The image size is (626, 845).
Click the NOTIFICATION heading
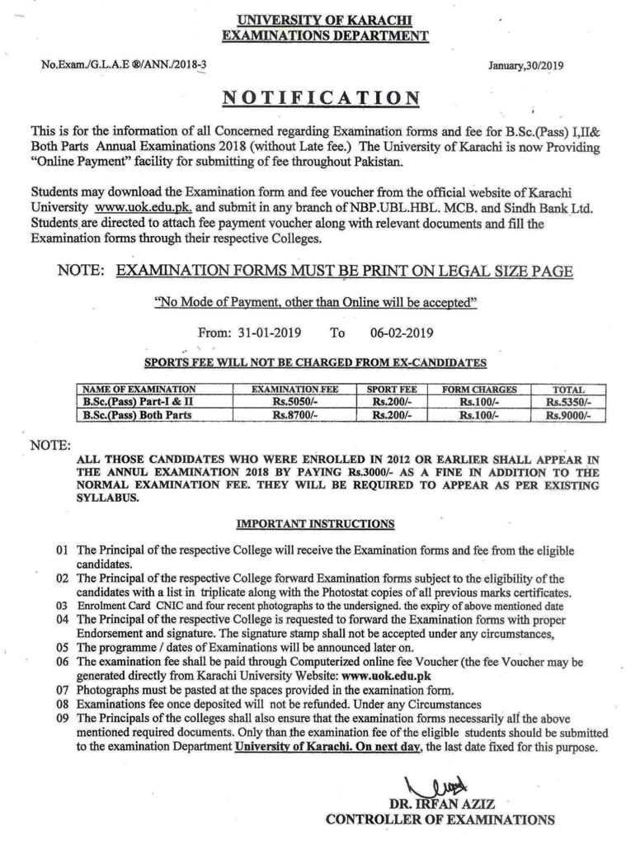(321, 98)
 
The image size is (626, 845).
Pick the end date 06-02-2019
(396, 333)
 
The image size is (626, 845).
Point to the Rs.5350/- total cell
(568, 402)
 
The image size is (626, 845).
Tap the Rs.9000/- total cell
(568, 415)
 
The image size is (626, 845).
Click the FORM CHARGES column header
(479, 389)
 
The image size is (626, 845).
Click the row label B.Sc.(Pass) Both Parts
(137, 415)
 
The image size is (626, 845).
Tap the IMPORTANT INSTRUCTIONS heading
(315, 523)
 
